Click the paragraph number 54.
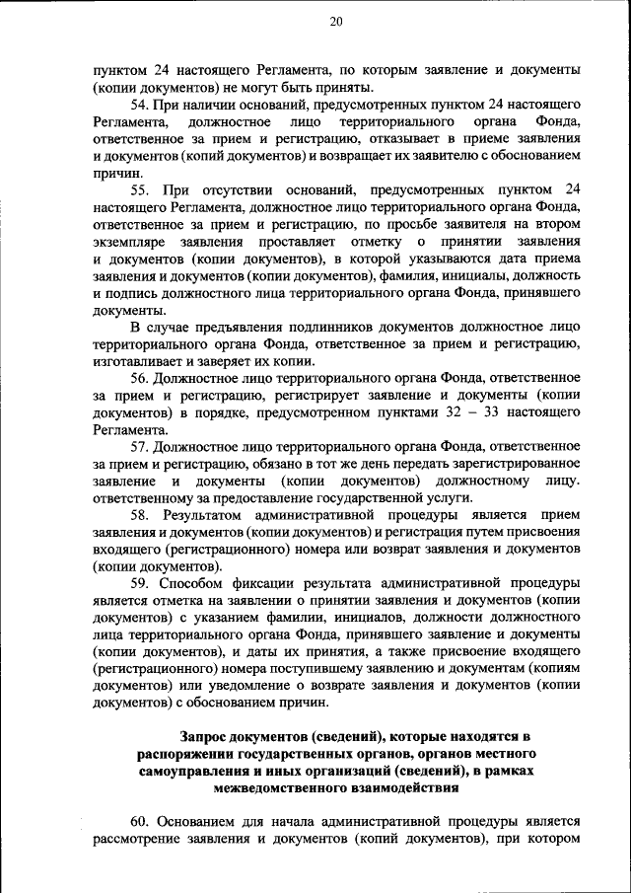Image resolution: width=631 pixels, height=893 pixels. coord(140,105)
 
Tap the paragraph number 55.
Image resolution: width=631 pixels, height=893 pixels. coord(140,188)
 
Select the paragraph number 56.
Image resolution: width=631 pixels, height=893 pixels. coord(140,378)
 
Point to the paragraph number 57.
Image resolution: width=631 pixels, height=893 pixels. coord(140,446)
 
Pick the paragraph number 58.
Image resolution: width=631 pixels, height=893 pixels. coord(140,515)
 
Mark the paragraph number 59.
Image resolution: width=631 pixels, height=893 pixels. coord(140,583)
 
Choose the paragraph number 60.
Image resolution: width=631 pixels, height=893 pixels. coord(140,822)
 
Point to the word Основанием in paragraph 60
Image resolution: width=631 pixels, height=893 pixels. coord(207,822)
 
